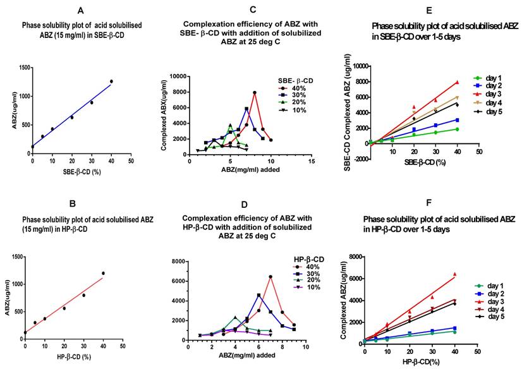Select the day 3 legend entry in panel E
(492, 93)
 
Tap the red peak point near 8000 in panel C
(255, 92)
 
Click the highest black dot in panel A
(111, 81)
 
